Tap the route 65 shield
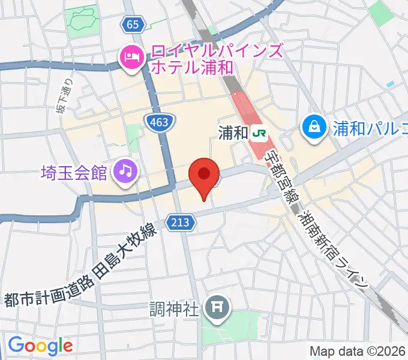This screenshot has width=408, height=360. [x=133, y=25]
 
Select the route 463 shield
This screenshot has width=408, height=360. [x=160, y=122]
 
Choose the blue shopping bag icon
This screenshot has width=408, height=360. [x=314, y=127]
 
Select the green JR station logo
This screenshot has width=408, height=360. [x=260, y=132]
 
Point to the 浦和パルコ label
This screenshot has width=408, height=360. [x=367, y=127]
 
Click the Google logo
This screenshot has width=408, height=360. [x=40, y=345]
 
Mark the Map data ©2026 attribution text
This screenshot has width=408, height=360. [x=358, y=351]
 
